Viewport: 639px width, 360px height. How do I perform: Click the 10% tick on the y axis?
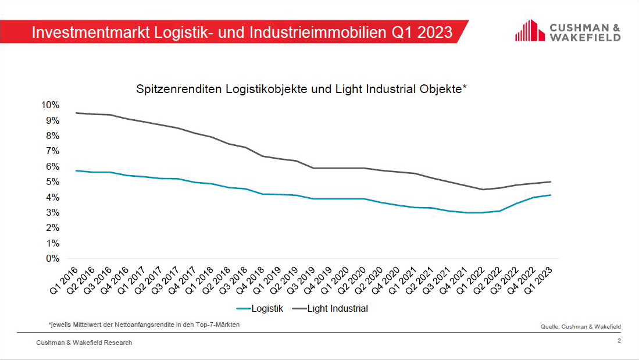pos(49,105)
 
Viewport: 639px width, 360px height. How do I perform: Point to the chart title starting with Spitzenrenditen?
pos(302,89)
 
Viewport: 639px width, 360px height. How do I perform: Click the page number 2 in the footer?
pos(619,341)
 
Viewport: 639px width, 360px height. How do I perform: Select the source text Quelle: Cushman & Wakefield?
pos(580,327)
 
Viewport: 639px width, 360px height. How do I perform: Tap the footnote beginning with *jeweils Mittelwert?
pos(144,325)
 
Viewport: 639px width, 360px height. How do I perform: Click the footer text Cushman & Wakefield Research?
pos(84,343)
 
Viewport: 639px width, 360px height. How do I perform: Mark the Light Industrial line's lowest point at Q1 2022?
pos(481,189)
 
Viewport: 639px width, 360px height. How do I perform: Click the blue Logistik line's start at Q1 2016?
pos(76,170)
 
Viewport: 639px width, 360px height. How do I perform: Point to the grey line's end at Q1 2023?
pos(550,181)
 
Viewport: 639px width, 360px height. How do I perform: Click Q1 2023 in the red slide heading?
pos(422,32)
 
